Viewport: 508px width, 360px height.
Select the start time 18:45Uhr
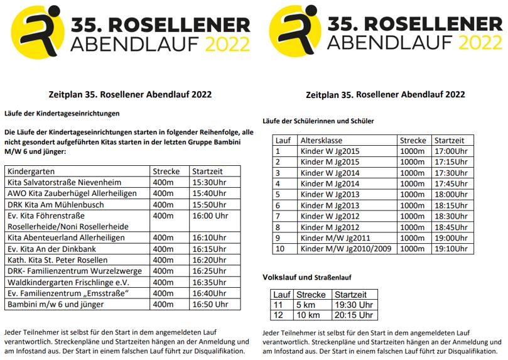[x=451, y=227]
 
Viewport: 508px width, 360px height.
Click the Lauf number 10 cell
[x=280, y=248]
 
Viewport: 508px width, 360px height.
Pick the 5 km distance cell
[x=305, y=305]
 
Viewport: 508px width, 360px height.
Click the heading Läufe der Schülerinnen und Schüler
[x=318, y=121]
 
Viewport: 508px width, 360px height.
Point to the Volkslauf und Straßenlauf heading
[x=307, y=277]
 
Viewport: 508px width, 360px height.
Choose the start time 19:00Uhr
[x=451, y=237]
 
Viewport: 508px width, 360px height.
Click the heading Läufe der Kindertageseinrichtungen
[x=62, y=114]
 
